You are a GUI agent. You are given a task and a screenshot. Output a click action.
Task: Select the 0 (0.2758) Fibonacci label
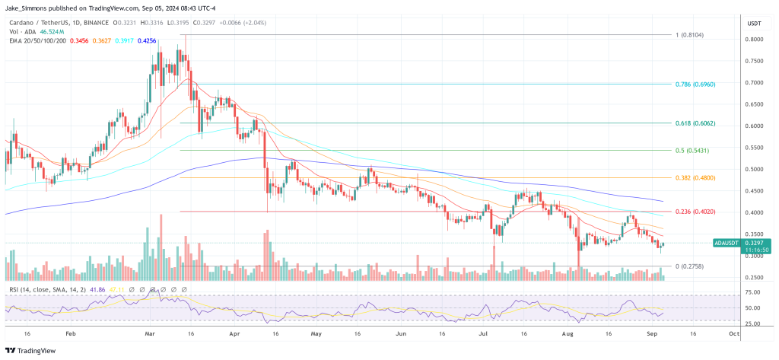[x=692, y=267]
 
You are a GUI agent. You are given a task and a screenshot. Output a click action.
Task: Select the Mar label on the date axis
[x=150, y=333]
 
